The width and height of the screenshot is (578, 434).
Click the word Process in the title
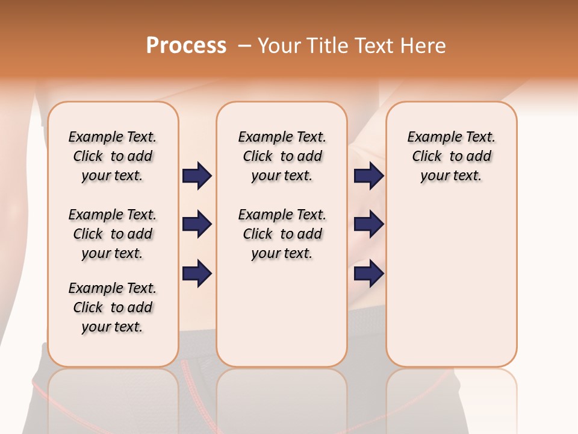[186, 46]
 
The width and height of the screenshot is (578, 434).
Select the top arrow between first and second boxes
[197, 176]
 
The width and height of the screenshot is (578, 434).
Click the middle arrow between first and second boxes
[197, 224]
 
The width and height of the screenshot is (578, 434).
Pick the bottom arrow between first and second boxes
[197, 273]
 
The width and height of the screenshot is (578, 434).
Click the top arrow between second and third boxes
[368, 176]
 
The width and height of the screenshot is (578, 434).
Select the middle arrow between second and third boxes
[368, 224]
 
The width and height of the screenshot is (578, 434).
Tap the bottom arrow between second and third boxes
[368, 273]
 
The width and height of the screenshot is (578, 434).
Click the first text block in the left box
[113, 156]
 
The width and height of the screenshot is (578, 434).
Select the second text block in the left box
[113, 234]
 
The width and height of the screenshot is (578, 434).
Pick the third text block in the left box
[113, 307]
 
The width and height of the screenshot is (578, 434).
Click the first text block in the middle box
[282, 156]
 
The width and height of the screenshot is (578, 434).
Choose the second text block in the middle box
[282, 234]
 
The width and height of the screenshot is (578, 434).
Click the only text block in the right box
[451, 156]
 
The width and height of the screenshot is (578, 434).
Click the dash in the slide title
[244, 46]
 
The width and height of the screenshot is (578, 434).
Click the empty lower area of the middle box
[282, 313]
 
